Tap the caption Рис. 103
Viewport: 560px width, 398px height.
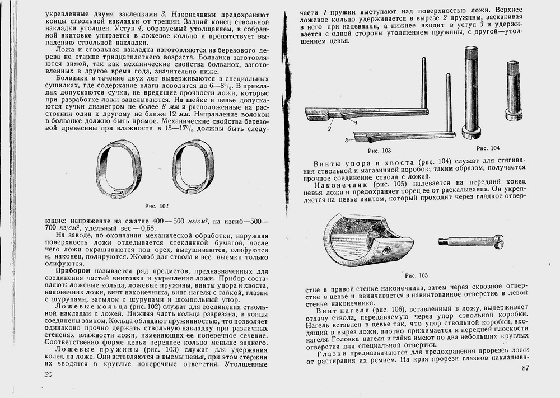point(379,151)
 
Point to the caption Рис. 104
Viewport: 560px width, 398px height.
point(488,148)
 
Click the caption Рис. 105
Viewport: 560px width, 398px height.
point(416,275)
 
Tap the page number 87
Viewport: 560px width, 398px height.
point(525,368)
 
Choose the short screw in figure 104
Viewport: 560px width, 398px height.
point(514,90)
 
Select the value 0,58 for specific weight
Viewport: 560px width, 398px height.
point(147,228)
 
